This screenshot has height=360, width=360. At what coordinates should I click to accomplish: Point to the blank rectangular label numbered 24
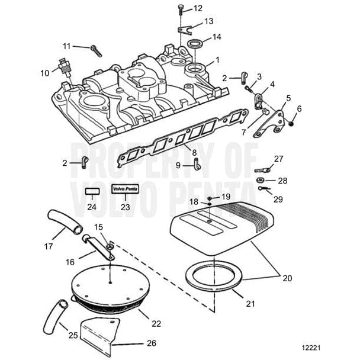(x=91, y=192)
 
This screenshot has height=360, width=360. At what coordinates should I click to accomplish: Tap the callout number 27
(x=279, y=158)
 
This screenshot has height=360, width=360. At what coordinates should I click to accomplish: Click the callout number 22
(x=156, y=323)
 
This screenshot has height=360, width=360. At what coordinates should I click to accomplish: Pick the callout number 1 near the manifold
(x=217, y=60)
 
